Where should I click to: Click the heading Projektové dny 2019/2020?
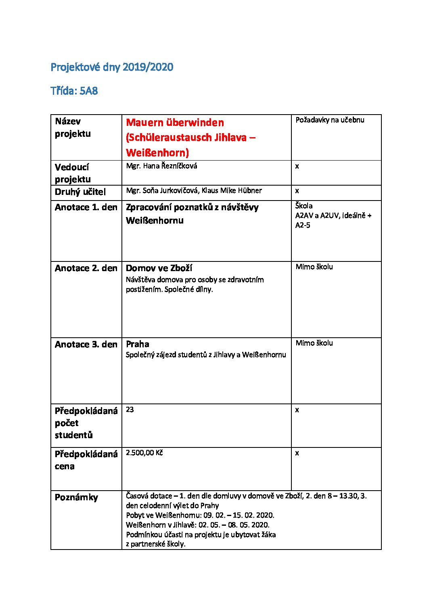point(112,67)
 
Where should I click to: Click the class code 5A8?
point(89,91)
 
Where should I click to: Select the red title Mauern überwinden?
point(175,123)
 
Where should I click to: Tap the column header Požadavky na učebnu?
point(330,120)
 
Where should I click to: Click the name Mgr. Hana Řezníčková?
point(161,166)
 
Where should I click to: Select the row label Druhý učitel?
point(80,192)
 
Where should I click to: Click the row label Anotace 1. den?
point(86,207)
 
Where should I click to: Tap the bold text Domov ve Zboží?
point(159,268)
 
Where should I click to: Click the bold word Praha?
point(137,344)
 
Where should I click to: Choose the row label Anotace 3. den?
point(86,345)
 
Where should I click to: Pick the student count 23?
point(130,410)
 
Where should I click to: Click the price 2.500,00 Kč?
point(144,453)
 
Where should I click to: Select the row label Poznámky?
point(76,497)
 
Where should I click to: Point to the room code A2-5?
point(303,225)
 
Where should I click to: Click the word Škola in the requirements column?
point(304,206)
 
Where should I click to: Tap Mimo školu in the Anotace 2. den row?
point(314,267)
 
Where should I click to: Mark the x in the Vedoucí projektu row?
point(297,166)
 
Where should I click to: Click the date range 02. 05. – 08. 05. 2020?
point(234,525)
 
